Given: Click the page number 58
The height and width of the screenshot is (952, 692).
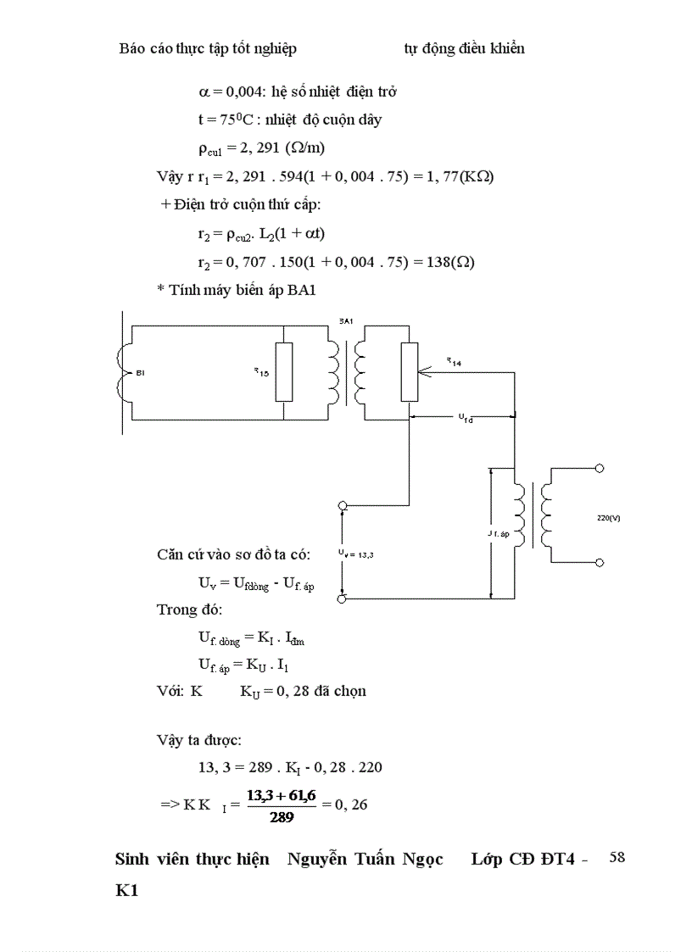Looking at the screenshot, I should coord(617,857).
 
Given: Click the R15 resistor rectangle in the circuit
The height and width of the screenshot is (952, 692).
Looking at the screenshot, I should coord(285,371).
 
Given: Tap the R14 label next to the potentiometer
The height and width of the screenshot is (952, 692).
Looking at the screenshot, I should coord(454,362).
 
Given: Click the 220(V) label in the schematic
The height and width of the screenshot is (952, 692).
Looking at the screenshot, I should coord(609,518).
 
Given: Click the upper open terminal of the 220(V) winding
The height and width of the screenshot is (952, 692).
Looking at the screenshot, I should coord(600,468).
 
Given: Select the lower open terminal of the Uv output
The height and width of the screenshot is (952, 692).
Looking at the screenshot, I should coord(343,598).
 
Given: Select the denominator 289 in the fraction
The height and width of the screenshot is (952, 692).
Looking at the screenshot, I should coord(282,818).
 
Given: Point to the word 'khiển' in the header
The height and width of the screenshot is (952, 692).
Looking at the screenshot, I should coord(505,48).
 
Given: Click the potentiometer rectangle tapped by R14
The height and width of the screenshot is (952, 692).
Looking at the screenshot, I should coord(409,371).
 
